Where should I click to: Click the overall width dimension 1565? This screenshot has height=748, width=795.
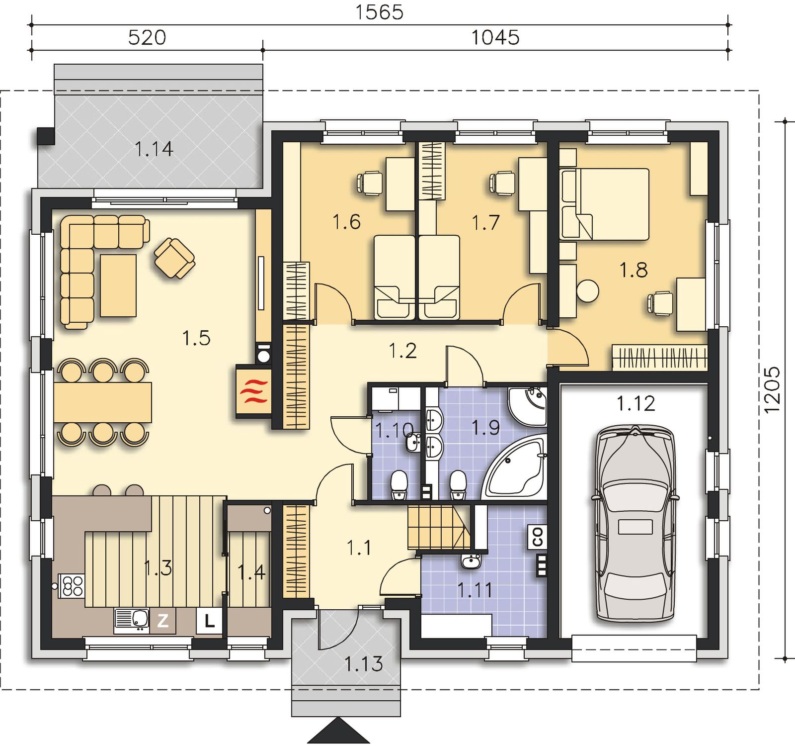pos(379,12)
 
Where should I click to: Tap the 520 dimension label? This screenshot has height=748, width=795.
pos(147,38)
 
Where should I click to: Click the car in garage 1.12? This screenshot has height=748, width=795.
pos(635,523)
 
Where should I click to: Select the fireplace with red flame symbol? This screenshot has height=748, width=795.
pos(253,391)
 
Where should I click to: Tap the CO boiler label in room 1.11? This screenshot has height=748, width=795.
pos(538,537)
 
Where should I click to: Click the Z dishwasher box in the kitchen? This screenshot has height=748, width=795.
pos(163,620)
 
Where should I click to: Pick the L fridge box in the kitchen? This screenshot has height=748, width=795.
pos(210,621)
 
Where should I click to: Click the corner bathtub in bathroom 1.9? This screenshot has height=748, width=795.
pos(515,466)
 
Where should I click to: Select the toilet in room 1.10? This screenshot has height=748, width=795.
pos(399,485)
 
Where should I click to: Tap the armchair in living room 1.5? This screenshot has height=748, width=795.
pos(174,258)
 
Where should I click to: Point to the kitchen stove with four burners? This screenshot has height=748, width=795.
pos(72,585)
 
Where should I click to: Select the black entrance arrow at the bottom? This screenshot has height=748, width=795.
pos(338,731)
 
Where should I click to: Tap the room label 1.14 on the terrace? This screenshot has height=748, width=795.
pos(154,149)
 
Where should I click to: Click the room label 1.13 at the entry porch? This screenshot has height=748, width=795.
pos(364,663)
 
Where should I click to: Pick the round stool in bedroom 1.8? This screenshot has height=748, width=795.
pos(588,291)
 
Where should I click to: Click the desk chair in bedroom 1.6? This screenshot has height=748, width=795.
pos(369,183)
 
